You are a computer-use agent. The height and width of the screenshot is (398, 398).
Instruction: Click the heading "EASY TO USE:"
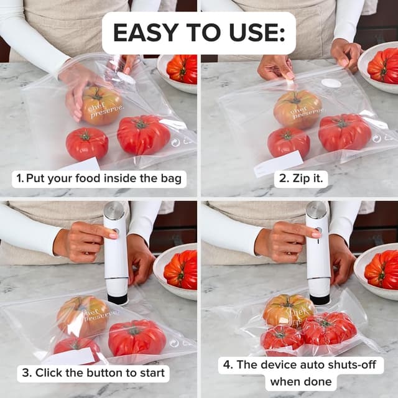click(198, 32)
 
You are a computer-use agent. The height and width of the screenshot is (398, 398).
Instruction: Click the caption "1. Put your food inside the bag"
click(99, 179)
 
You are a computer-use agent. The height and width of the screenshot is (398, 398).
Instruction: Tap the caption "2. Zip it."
click(301, 179)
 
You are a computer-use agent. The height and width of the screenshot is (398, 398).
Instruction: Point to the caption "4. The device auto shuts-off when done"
click(300, 373)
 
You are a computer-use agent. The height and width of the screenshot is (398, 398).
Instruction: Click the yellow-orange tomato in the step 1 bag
click(101, 105)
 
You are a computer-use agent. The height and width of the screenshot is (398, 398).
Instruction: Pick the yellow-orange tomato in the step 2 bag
click(298, 108)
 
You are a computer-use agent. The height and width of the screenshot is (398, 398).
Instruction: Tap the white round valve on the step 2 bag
click(331, 83)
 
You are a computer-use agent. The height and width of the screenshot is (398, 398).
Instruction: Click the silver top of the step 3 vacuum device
click(114, 211)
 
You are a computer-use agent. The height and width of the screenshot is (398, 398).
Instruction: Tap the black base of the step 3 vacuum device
click(117, 298)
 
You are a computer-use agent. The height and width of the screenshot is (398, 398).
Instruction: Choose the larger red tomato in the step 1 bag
click(143, 134)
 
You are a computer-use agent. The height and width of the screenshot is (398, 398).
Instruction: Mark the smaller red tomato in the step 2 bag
click(289, 142)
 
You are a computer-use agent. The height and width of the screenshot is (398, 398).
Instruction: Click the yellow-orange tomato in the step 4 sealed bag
click(288, 310)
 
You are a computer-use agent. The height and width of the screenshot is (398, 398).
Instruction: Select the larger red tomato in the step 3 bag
click(137, 338)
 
